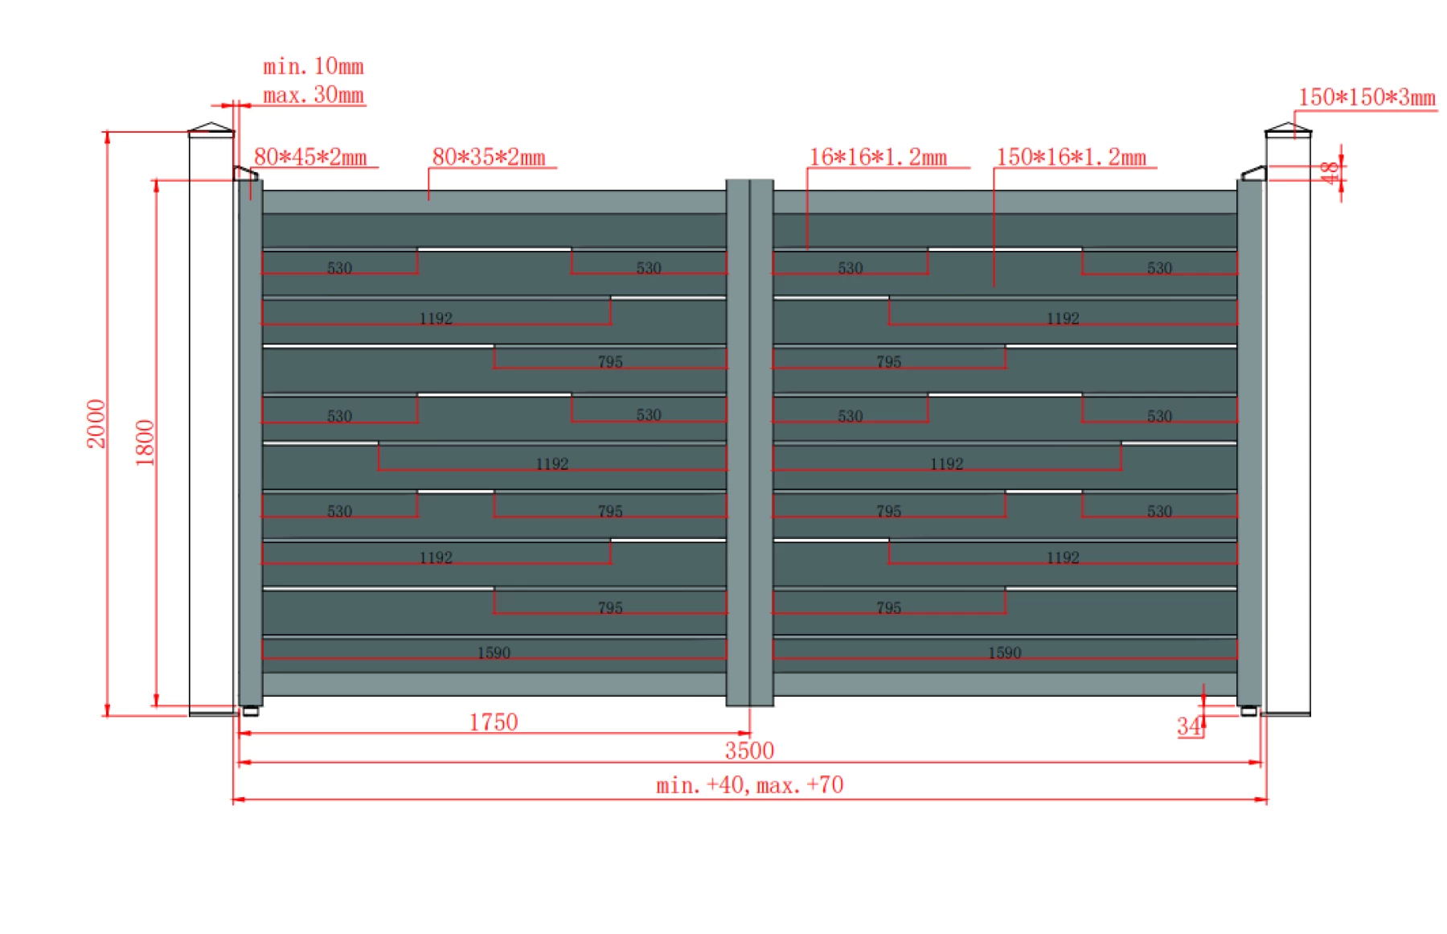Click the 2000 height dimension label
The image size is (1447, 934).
click(96, 423)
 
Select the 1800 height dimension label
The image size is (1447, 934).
click(145, 442)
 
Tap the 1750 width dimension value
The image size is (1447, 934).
click(493, 722)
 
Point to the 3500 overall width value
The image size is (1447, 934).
click(749, 751)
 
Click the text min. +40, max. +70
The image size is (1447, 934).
click(749, 784)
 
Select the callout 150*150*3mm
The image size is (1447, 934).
click(1367, 97)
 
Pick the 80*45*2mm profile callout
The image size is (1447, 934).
click(310, 157)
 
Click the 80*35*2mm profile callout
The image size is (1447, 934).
click(489, 157)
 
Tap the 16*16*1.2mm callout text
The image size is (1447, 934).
click(878, 157)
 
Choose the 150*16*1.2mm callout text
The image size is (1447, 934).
click(1071, 157)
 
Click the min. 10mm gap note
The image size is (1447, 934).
click(314, 66)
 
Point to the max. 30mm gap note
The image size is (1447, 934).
click(314, 95)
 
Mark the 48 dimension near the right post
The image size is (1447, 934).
click(1330, 172)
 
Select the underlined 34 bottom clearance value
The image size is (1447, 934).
click(1189, 726)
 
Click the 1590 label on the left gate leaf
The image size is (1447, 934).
click(494, 652)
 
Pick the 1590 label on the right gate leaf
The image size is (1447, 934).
click(1004, 652)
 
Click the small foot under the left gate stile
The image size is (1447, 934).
click(251, 711)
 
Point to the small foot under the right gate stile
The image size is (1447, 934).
click(1248, 711)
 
